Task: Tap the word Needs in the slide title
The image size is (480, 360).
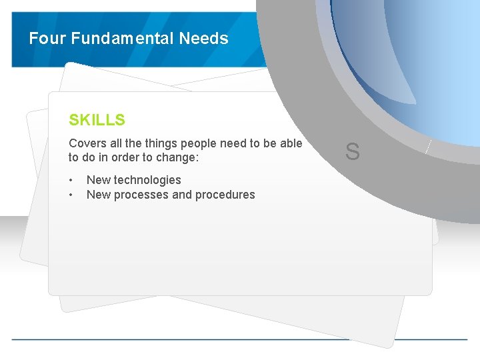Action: pyautogui.click(x=203, y=39)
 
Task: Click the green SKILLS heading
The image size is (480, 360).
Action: pyautogui.click(x=97, y=120)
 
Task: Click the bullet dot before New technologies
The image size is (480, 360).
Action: pyautogui.click(x=71, y=180)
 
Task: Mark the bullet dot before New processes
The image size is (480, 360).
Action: pyautogui.click(x=71, y=195)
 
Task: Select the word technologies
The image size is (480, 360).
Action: pyautogui.click(x=147, y=180)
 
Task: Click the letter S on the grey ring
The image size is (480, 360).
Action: pyautogui.click(x=353, y=152)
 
